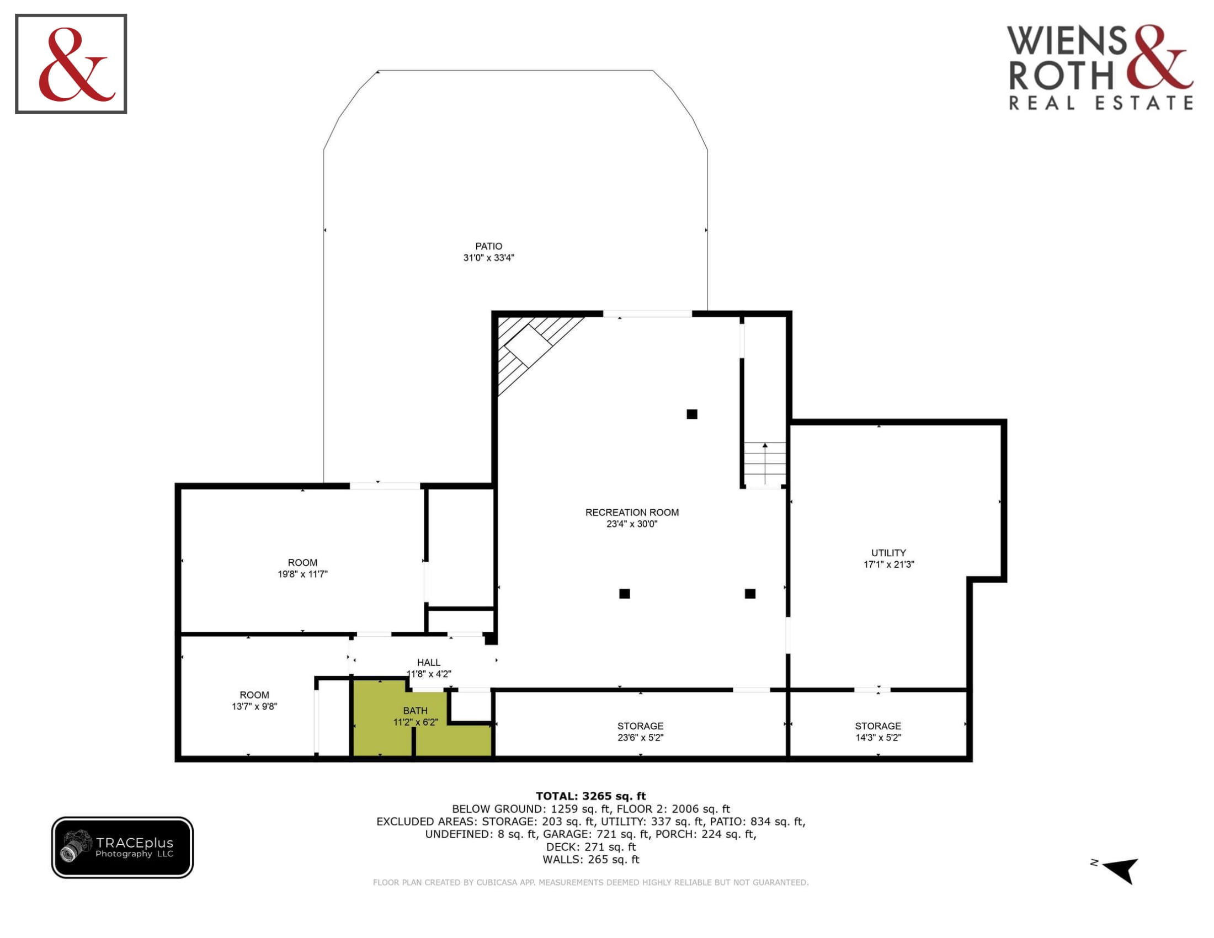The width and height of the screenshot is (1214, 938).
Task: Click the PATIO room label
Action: (488, 246)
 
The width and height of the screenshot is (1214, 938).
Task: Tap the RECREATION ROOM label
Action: (632, 513)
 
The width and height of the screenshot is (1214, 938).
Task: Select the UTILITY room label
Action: (888, 553)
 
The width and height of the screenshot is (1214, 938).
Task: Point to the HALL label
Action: (429, 662)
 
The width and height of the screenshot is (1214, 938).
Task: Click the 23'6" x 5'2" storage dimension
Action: (640, 737)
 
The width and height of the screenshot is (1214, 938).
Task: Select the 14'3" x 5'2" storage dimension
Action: (878, 737)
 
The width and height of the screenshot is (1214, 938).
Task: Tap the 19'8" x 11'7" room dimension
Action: (303, 574)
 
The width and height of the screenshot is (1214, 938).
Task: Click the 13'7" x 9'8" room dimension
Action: (254, 706)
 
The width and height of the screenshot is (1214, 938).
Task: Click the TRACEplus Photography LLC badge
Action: (123, 848)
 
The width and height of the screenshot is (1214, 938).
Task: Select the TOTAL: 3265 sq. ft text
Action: (591, 796)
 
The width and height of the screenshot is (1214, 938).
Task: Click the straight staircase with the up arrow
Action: (765, 465)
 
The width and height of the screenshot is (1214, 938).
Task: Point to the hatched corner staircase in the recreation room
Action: (534, 350)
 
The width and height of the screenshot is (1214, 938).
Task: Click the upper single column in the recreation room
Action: (692, 414)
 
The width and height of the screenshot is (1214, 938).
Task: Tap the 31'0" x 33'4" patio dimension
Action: (489, 258)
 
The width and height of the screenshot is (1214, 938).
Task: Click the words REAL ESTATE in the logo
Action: (1101, 103)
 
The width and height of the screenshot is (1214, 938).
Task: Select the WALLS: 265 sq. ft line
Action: (591, 860)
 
